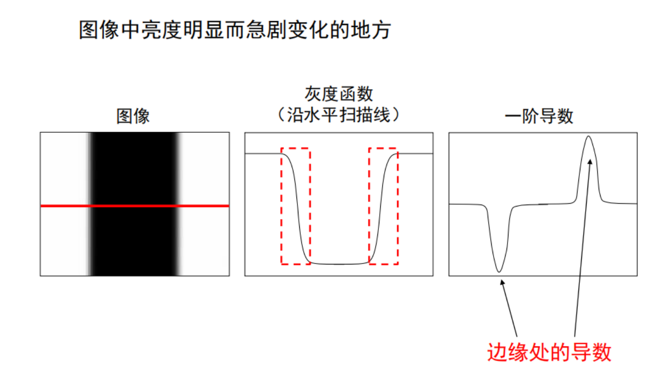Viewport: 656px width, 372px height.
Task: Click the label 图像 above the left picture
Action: [134, 116]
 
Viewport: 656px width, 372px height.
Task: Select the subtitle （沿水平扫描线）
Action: [339, 115]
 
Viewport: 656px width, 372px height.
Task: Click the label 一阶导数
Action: [539, 116]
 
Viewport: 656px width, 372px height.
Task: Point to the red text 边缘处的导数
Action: [549, 352]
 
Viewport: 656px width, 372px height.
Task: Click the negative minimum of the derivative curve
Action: [499, 271]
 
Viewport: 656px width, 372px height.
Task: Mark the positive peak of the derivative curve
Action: [589, 137]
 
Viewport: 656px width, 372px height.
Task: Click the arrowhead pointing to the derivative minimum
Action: [502, 285]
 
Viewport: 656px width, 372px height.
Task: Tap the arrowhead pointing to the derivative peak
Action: [589, 162]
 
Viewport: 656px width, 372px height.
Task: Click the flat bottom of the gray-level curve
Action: [339, 264]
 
